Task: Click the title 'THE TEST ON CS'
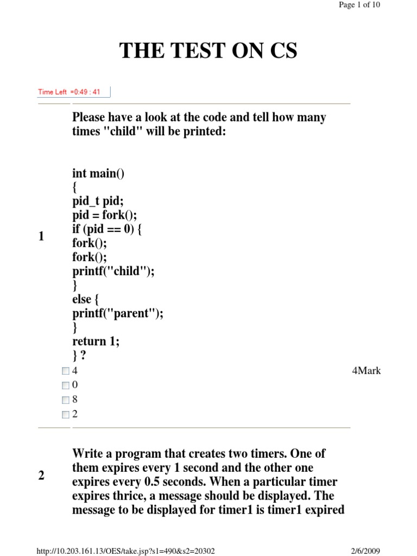pos(208,51)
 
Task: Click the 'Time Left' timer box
pos(74,92)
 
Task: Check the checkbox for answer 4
pos(66,371)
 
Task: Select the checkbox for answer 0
pos(66,386)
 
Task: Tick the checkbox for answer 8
pos(66,400)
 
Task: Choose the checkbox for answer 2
pos(66,415)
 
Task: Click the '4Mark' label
pos(367,371)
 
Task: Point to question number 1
pos(41,237)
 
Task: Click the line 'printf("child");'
pos(113,271)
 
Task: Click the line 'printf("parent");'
pos(118,313)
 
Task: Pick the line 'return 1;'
pos(96,342)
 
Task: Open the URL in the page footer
pos(125,551)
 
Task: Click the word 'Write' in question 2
pos(87,453)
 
